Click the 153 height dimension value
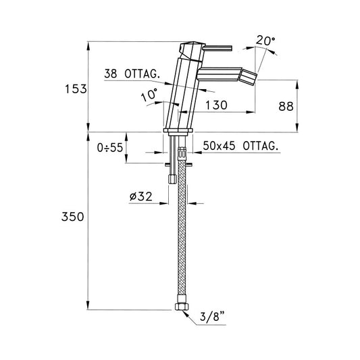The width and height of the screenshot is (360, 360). coord(76,89)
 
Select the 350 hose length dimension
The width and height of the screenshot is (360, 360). coord(72,217)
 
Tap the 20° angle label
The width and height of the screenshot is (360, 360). coord(265,41)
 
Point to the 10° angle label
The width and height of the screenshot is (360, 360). coord(149,95)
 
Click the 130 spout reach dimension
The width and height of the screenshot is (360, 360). coord(216,105)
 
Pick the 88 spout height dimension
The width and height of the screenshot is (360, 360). coord(286,107)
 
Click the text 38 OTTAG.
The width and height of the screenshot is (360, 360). coord(132,74)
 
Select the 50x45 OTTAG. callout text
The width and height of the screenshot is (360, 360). coord(241,146)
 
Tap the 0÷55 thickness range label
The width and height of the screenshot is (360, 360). coord(110,147)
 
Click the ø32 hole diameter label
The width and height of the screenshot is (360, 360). coord(140,197)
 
